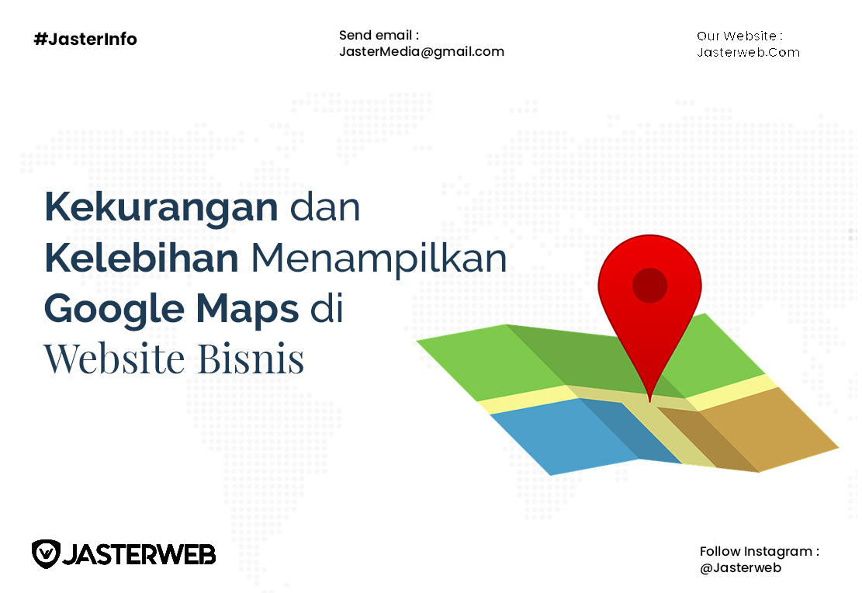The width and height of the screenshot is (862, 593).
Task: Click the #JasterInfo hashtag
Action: (85, 39)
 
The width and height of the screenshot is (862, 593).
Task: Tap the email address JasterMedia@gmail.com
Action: (421, 52)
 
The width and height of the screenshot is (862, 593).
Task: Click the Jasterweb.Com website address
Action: (748, 52)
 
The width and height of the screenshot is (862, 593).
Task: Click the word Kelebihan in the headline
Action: (141, 258)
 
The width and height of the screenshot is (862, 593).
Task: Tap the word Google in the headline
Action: (114, 310)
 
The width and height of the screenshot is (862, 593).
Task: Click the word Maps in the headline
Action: (248, 310)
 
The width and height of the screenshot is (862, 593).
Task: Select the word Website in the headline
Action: (114, 359)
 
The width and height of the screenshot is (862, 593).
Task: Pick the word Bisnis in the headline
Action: (251, 359)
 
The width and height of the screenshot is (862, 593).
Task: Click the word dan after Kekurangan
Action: (325, 206)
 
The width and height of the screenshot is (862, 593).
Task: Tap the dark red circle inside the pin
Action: (650, 286)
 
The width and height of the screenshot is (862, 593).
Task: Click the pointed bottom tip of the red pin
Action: (650, 401)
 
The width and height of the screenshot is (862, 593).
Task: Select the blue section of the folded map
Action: (577, 435)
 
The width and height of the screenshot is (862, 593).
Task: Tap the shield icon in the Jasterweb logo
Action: (46, 554)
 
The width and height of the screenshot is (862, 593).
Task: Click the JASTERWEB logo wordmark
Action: (140, 554)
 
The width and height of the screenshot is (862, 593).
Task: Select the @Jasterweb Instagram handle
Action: (740, 567)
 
